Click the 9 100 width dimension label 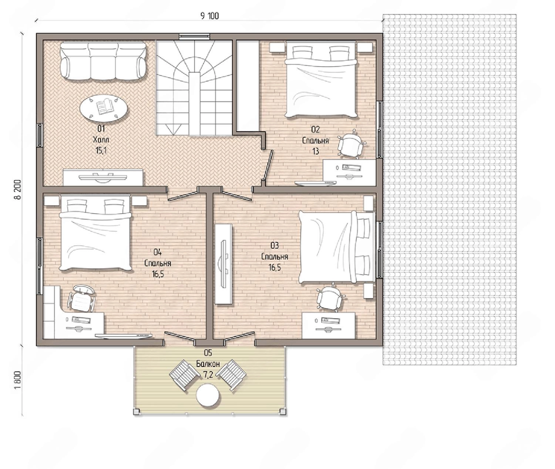[210, 16]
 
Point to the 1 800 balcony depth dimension [17, 380]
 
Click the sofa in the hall [103, 61]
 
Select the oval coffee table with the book [104, 108]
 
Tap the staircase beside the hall [194, 88]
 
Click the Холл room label [101, 140]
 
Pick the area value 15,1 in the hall [101, 151]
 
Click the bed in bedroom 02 [321, 80]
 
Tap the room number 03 [275, 245]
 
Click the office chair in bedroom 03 [330, 298]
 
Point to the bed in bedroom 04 [96, 233]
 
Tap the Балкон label [208, 364]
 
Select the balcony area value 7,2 [208, 375]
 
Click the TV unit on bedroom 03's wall [223, 264]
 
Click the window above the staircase [194, 36]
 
